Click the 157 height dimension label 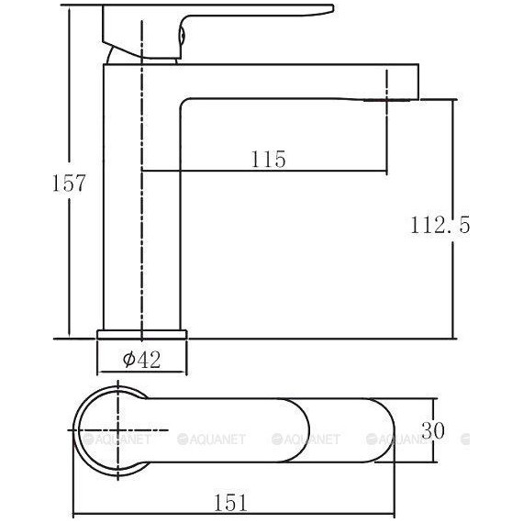69,182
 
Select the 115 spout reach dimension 268,160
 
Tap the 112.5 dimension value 438,224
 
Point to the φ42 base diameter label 142,361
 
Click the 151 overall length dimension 231,501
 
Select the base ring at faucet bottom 142,332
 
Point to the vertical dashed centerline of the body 143,229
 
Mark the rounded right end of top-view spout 381,429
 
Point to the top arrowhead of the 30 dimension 433,401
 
